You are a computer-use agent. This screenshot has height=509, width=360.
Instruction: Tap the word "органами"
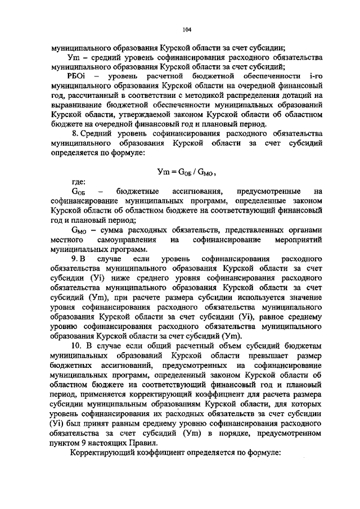point(304,230)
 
